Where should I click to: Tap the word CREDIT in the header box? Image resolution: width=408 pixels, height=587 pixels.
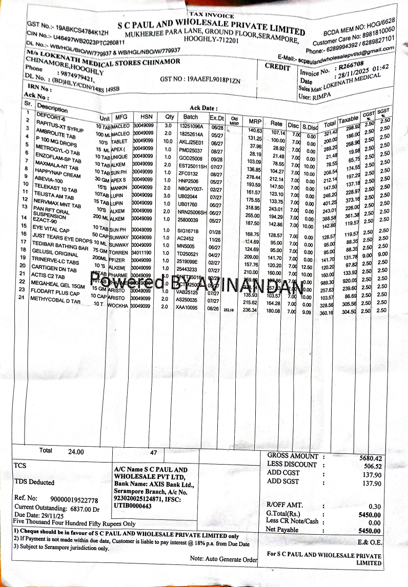[x=277, y=67]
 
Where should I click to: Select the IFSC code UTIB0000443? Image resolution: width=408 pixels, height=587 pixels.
[x=133, y=506]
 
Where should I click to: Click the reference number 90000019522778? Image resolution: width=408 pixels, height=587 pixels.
[x=74, y=499]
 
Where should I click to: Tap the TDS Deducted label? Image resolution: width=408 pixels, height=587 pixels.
[x=34, y=482]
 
